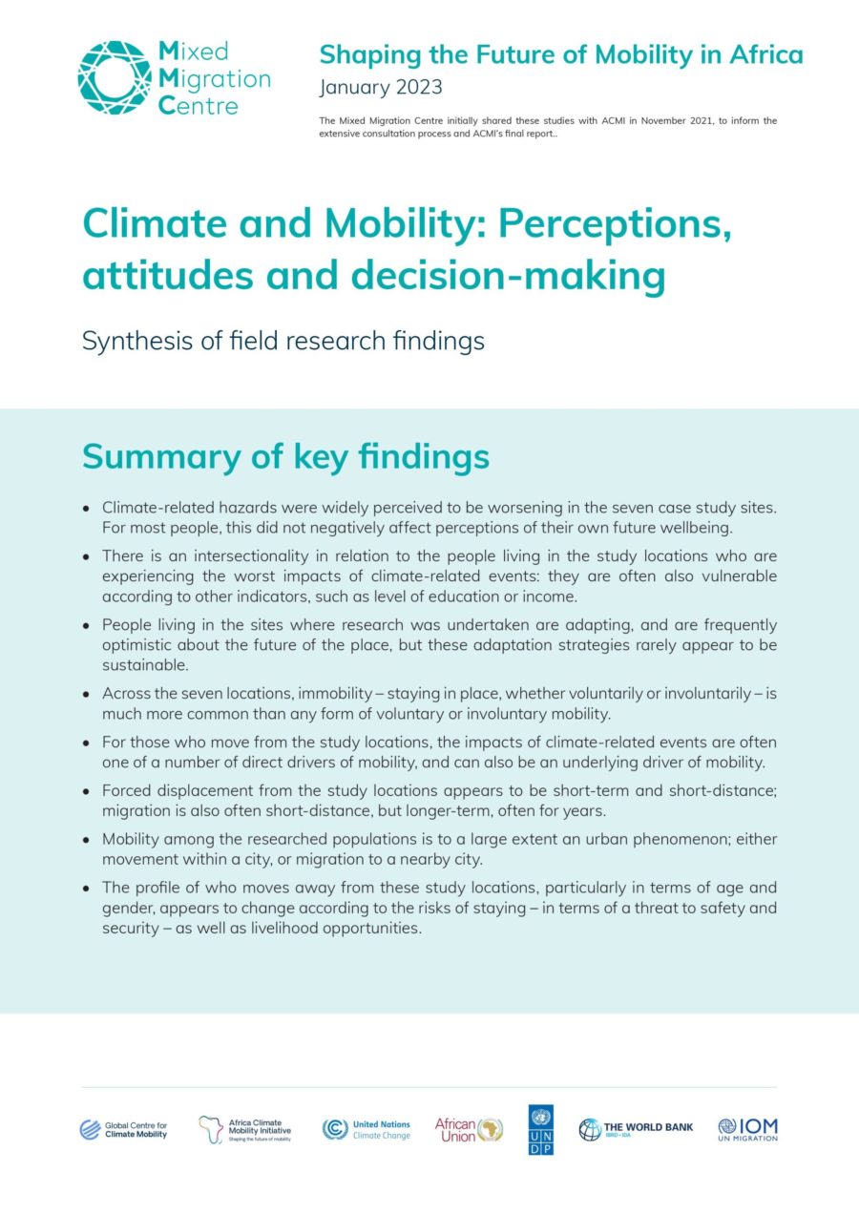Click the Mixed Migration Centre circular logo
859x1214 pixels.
(x=115, y=78)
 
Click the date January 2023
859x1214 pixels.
(x=381, y=88)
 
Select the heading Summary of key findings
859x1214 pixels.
(x=285, y=456)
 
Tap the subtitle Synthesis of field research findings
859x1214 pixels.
(x=283, y=341)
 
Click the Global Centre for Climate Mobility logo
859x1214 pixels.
(x=123, y=1130)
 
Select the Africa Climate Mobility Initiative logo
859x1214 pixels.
(x=245, y=1130)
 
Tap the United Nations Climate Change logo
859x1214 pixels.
(x=367, y=1130)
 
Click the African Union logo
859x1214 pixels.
(x=469, y=1130)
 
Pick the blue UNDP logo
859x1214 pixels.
(x=540, y=1130)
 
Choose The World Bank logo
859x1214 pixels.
(x=636, y=1130)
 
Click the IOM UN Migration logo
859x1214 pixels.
(x=747, y=1130)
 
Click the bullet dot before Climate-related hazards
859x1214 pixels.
(x=87, y=509)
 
